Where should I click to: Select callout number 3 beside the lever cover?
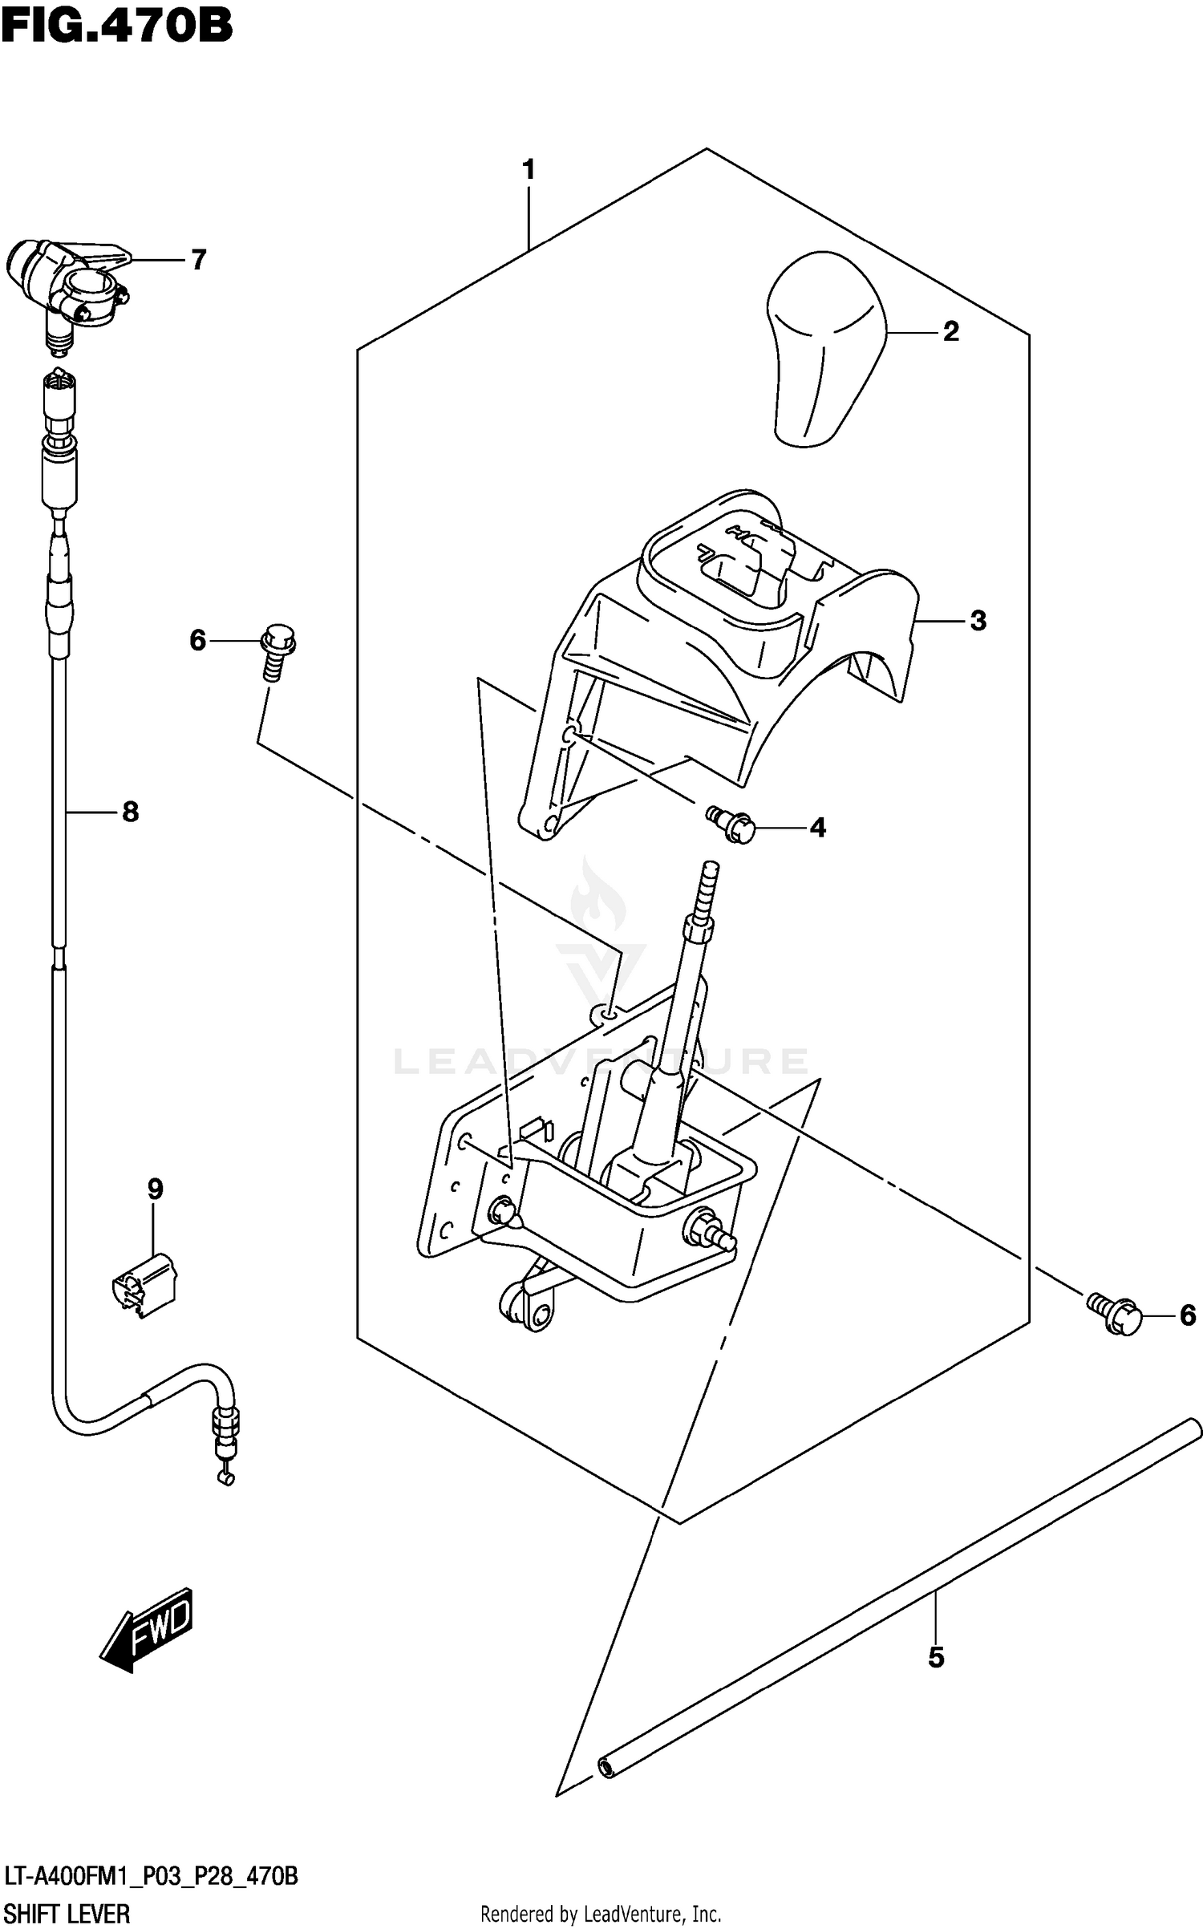coord(978,621)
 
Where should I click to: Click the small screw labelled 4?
coord(731,825)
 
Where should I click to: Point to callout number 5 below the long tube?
coord(936,1658)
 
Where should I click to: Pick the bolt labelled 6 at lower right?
coord(1115,1313)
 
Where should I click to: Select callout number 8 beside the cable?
coord(130,813)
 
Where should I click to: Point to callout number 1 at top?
coord(528,170)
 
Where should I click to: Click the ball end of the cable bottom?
coord(227,1478)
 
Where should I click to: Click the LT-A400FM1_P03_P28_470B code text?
coord(151,1876)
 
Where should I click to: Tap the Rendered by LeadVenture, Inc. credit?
coord(601,1914)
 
